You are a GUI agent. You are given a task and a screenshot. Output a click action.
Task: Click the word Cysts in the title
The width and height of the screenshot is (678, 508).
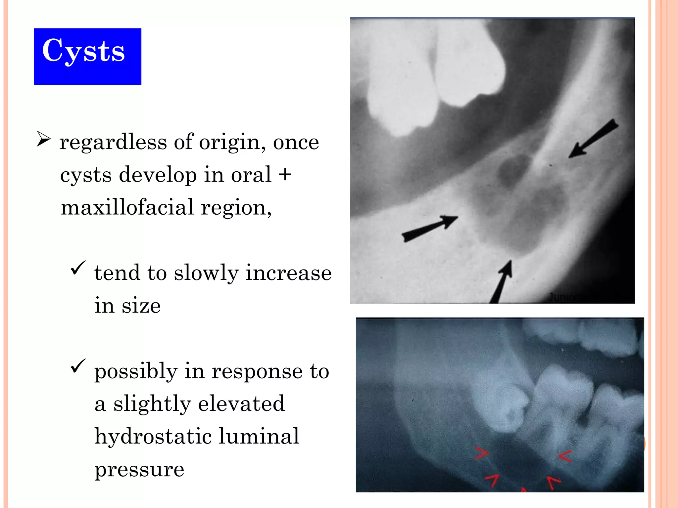click(83, 51)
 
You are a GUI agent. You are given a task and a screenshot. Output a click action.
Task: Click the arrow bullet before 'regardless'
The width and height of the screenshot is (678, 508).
click(44, 139)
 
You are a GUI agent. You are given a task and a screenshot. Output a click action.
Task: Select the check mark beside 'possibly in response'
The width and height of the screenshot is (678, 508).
click(78, 366)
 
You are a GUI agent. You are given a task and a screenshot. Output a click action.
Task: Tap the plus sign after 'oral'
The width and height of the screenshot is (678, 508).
click(285, 175)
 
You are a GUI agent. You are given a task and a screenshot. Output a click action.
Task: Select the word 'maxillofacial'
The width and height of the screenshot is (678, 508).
click(127, 207)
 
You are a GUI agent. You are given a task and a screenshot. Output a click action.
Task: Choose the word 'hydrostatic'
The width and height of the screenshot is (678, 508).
click(153, 436)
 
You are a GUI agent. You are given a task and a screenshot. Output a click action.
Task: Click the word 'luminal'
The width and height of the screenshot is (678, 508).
click(259, 436)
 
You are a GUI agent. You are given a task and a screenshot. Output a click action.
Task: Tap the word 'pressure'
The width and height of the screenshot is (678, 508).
click(139, 469)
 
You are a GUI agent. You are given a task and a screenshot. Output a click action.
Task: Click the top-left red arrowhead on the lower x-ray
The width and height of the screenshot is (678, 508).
click(482, 453)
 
